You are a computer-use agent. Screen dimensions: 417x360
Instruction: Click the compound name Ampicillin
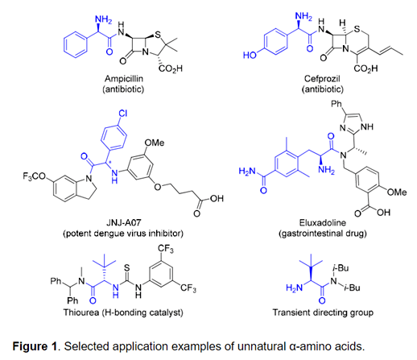coord(124,79)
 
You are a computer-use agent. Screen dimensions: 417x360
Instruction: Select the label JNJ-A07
coord(123,222)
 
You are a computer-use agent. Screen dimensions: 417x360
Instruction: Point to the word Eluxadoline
coord(323,222)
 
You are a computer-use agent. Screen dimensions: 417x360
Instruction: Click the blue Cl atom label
coord(122,114)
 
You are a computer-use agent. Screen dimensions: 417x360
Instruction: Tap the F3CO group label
coord(35,176)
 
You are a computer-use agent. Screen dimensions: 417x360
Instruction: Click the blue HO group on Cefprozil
coord(250,55)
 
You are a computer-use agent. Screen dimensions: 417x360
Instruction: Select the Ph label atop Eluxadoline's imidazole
coord(336,104)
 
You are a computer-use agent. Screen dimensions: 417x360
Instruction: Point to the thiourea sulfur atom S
coord(127,267)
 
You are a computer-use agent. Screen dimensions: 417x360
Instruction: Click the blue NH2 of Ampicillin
coord(104,20)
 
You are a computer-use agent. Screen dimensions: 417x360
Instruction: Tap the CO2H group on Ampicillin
coord(171,68)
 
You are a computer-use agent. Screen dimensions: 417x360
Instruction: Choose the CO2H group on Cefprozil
coord(366,68)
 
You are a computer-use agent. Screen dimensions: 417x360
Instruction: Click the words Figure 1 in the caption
coord(35,346)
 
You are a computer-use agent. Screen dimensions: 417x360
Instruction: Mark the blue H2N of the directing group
coord(294,288)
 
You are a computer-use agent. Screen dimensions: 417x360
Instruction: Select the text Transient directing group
coord(323,312)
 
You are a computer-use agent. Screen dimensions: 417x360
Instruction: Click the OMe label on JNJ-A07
coord(155,143)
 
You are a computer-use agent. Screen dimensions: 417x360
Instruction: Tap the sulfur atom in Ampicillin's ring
coord(158,35)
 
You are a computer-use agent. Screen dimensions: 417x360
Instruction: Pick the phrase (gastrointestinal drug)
coord(323,234)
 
